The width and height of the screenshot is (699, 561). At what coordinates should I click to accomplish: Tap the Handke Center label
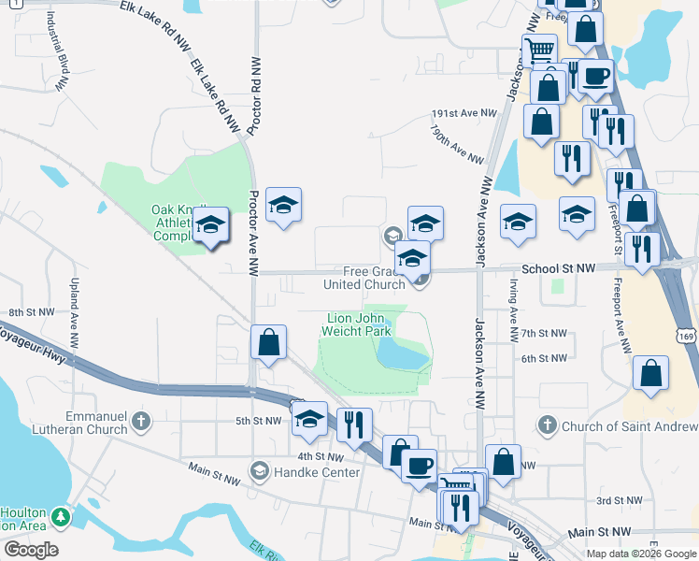(316, 472)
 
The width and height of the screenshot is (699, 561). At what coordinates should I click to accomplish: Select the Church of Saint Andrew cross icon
(546, 426)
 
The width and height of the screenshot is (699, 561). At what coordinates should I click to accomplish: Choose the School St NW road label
(558, 268)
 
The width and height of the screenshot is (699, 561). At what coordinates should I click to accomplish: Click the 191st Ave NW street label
(464, 113)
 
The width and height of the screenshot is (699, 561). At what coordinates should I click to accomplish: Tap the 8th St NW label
(26, 311)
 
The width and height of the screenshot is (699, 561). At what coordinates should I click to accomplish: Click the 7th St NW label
(544, 333)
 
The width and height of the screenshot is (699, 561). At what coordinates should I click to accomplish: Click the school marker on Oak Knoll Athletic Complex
(210, 226)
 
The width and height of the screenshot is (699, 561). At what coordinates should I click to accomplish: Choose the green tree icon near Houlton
(62, 516)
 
